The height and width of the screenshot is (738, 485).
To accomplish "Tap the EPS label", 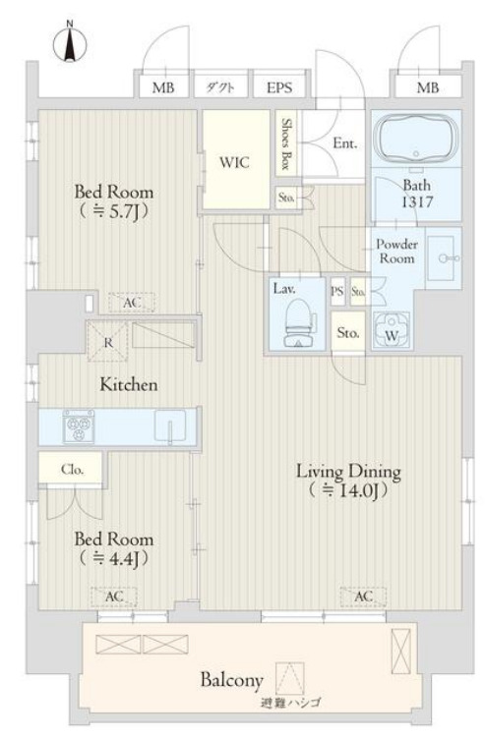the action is (x=279, y=88).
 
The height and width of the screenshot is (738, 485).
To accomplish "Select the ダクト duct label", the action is (x=220, y=87).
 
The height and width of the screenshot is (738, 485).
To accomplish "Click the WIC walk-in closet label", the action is (x=234, y=162).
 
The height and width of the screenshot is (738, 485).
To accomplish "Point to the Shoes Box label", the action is (x=285, y=143).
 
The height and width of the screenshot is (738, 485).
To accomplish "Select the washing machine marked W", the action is (x=392, y=329).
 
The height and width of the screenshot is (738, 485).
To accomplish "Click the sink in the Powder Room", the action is (x=443, y=257).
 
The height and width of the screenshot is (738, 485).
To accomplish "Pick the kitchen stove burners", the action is (x=79, y=426).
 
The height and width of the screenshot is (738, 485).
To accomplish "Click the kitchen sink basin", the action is (x=170, y=426).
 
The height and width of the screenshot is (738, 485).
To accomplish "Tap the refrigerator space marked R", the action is (x=108, y=341).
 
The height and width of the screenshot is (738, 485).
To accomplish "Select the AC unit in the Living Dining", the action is (x=363, y=596).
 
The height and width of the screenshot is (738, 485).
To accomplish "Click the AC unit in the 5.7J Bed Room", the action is (x=132, y=303).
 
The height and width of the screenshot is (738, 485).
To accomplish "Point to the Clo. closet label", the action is (x=72, y=470).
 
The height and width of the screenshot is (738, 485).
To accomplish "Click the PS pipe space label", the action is (x=337, y=291).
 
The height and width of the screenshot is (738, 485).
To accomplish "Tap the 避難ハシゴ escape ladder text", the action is (x=290, y=704).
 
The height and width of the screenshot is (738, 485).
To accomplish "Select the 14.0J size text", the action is (x=348, y=491).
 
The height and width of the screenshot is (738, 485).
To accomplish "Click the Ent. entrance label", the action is (x=344, y=143).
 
